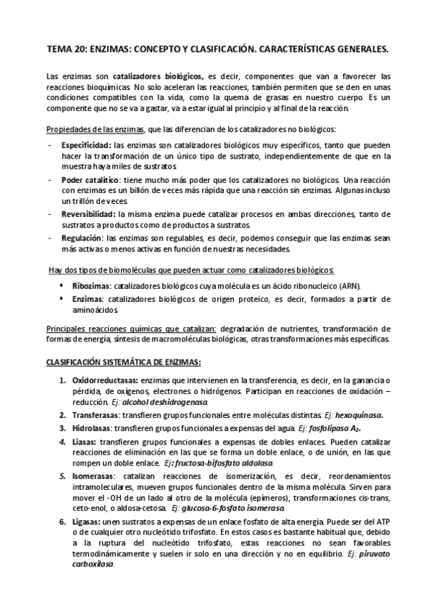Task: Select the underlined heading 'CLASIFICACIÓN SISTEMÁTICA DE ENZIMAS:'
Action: click(x=123, y=362)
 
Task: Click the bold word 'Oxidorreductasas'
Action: click(x=101, y=380)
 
